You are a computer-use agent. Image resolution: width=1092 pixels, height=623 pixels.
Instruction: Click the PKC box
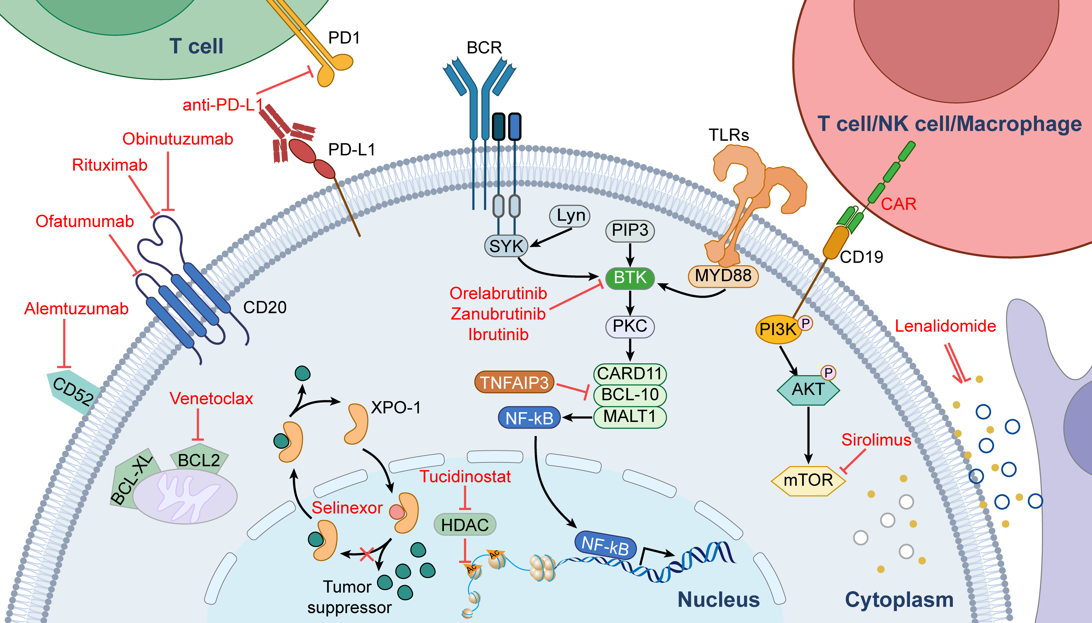(x=630, y=326)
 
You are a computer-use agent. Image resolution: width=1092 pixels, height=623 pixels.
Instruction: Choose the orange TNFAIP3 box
(x=514, y=382)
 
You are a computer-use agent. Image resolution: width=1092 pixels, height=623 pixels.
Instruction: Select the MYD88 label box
(x=723, y=276)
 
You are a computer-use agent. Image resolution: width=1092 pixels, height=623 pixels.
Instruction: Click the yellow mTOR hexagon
(x=808, y=480)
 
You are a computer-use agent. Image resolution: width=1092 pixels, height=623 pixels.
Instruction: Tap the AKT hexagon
(x=808, y=389)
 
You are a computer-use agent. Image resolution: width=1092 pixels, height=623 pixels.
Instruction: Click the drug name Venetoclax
(x=211, y=398)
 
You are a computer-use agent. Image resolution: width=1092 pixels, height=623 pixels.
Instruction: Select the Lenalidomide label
(x=945, y=326)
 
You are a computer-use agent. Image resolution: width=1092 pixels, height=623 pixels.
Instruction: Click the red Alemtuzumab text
(x=76, y=308)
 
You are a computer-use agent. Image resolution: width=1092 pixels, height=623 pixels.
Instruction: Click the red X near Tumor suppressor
(x=367, y=554)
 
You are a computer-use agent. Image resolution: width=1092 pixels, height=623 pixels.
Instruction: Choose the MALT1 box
(x=630, y=416)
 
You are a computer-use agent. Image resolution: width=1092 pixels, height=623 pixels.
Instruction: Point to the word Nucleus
(x=719, y=599)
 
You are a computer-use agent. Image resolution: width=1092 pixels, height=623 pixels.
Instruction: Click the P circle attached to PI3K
(x=805, y=323)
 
